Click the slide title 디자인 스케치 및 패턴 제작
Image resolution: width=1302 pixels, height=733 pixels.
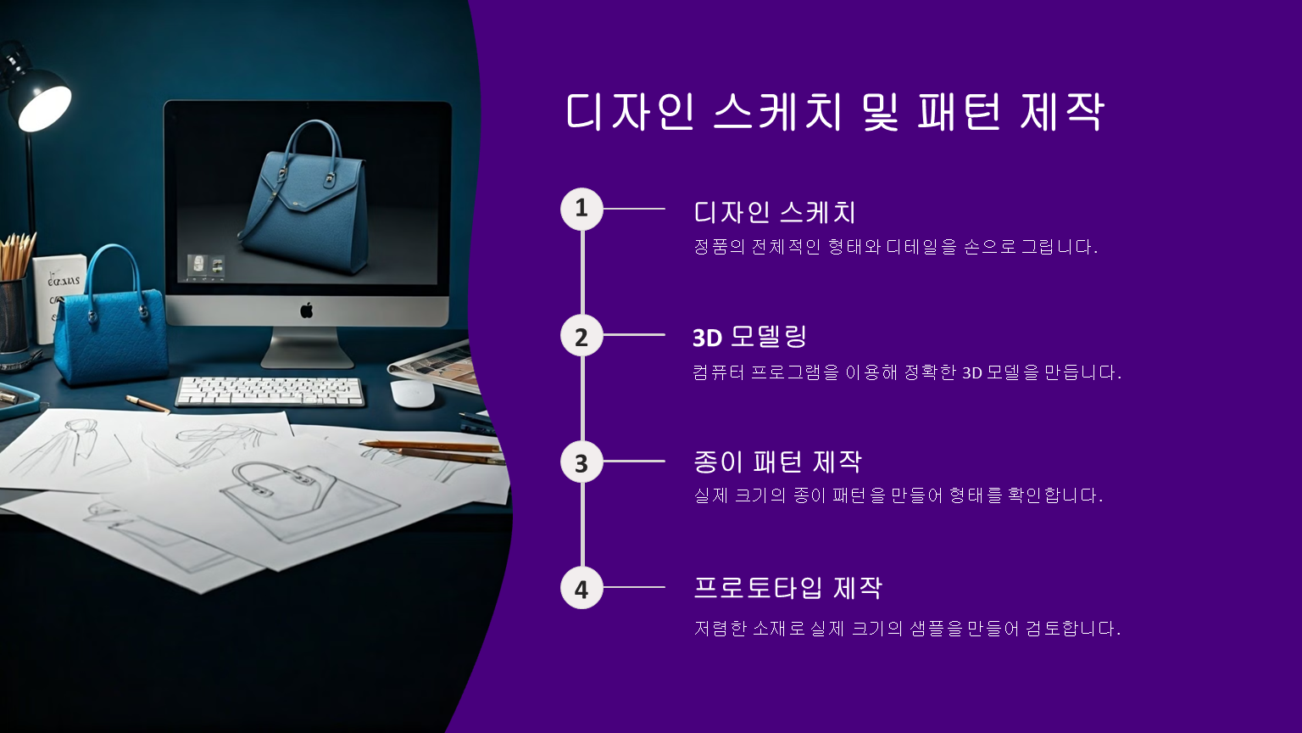coord(835,111)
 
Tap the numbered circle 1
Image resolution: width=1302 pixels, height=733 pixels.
coord(581,209)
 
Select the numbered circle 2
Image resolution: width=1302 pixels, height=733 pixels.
coord(581,336)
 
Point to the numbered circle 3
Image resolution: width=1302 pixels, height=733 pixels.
coord(581,462)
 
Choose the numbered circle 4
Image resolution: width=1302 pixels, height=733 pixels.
coord(581,588)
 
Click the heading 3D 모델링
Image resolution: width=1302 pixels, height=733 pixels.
coord(749,336)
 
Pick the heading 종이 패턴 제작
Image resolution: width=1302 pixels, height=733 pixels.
coord(777,462)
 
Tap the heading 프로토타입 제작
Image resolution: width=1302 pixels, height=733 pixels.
coord(788,588)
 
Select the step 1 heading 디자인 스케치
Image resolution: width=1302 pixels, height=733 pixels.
coord(774,212)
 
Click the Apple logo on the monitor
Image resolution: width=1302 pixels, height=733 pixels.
coord(306,310)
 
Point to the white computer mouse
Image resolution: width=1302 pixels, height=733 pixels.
coord(413,394)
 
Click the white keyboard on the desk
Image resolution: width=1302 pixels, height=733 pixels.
coord(270,391)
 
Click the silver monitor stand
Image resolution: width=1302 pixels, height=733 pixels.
coord(307,347)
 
